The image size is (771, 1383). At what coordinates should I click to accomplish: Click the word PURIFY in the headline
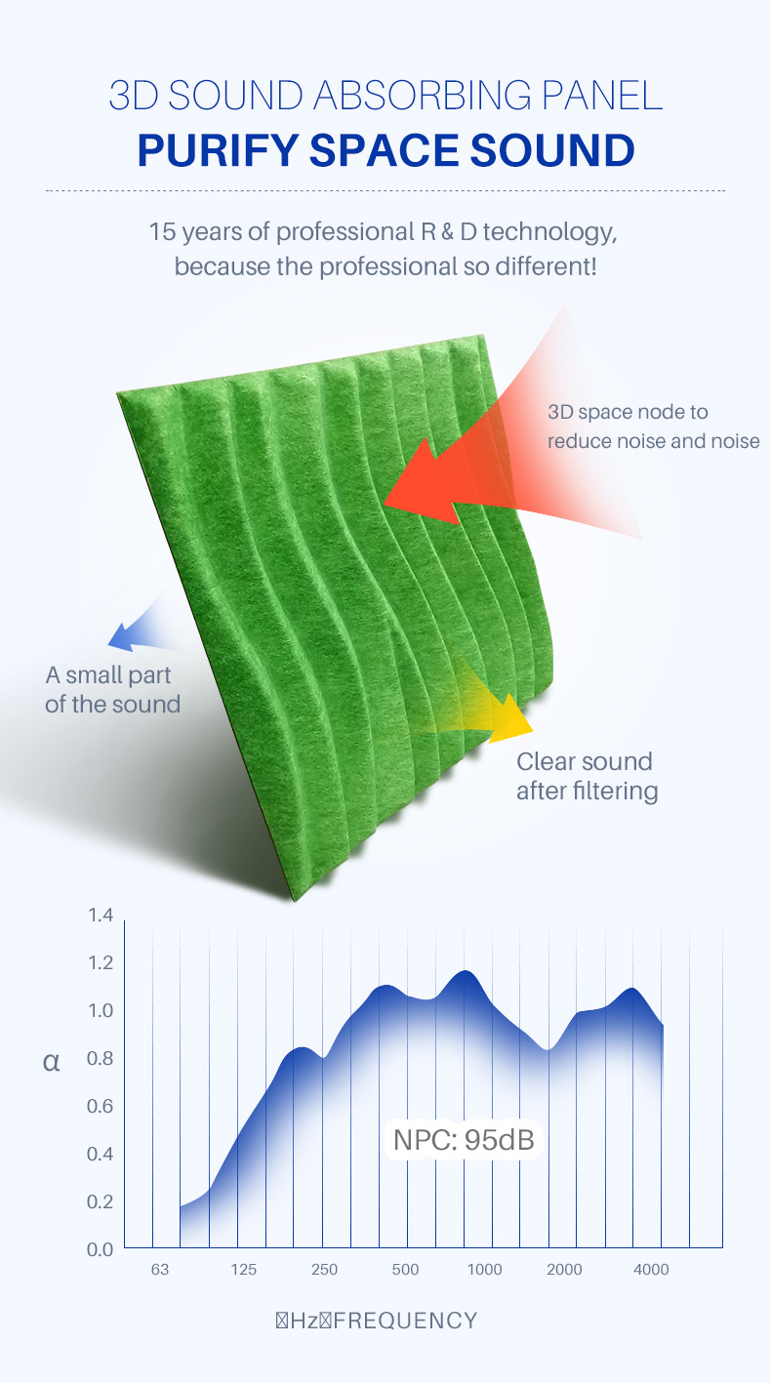218,150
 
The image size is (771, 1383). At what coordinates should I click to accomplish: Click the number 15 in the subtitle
162,232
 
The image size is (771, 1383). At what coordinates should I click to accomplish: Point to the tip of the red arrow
384,505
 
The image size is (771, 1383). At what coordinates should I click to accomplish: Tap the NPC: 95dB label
464,1140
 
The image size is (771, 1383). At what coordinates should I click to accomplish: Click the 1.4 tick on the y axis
101,915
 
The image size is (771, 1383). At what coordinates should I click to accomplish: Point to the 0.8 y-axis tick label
100,1058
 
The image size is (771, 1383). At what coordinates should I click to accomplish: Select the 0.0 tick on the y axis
100,1249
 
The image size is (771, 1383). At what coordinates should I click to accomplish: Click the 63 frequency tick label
160,1270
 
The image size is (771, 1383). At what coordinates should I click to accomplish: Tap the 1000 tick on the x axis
485,1270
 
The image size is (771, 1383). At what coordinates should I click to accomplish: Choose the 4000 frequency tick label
651,1270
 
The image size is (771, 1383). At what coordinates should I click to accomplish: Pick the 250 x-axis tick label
324,1270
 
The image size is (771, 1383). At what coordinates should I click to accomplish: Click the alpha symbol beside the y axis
51,1062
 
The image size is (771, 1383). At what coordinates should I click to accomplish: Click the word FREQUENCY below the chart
406,1321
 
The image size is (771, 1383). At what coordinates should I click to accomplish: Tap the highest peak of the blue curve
467,971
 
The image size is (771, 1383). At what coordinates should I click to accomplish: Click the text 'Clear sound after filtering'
588,777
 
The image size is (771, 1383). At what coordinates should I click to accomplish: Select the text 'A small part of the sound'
112,690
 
